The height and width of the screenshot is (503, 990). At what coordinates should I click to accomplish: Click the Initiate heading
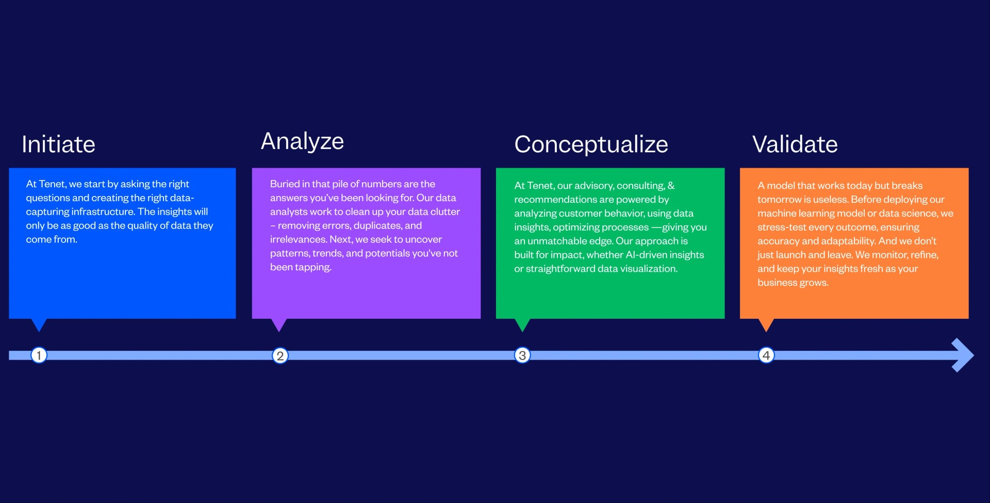(x=58, y=144)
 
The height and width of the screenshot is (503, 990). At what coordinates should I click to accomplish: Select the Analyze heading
(x=302, y=141)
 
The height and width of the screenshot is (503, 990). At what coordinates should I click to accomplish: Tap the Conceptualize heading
(x=591, y=144)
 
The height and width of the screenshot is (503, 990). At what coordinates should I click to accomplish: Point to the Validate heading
(x=795, y=144)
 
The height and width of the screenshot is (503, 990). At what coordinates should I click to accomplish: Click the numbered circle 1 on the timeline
(x=39, y=355)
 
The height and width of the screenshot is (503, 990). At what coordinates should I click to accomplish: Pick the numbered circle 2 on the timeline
(x=280, y=355)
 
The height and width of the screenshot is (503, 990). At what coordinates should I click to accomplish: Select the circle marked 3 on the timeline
(x=522, y=355)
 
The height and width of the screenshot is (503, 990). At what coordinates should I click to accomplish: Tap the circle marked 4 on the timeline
(x=766, y=355)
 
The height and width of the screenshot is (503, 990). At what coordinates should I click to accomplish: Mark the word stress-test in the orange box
(x=782, y=227)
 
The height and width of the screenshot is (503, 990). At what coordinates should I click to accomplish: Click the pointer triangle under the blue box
(x=39, y=324)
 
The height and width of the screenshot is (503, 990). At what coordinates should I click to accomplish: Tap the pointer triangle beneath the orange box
(x=766, y=324)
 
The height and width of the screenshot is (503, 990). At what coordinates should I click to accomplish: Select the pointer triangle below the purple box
(x=279, y=324)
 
